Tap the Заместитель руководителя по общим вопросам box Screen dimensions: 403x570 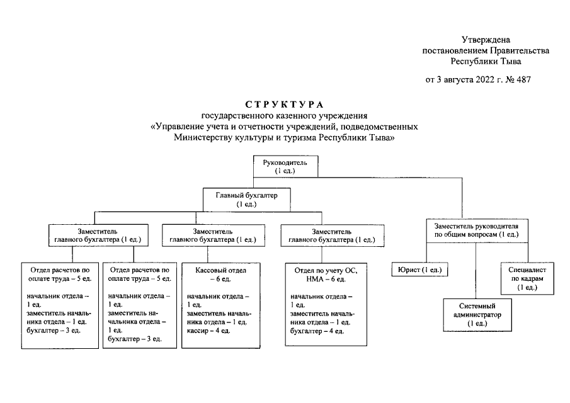(x=473, y=229)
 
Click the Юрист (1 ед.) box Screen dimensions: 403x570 (x=419, y=270)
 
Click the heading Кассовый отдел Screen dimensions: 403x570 (x=213, y=270)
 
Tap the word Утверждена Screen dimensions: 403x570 (x=486, y=40)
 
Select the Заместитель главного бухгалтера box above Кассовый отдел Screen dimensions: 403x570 (x=208, y=235)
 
